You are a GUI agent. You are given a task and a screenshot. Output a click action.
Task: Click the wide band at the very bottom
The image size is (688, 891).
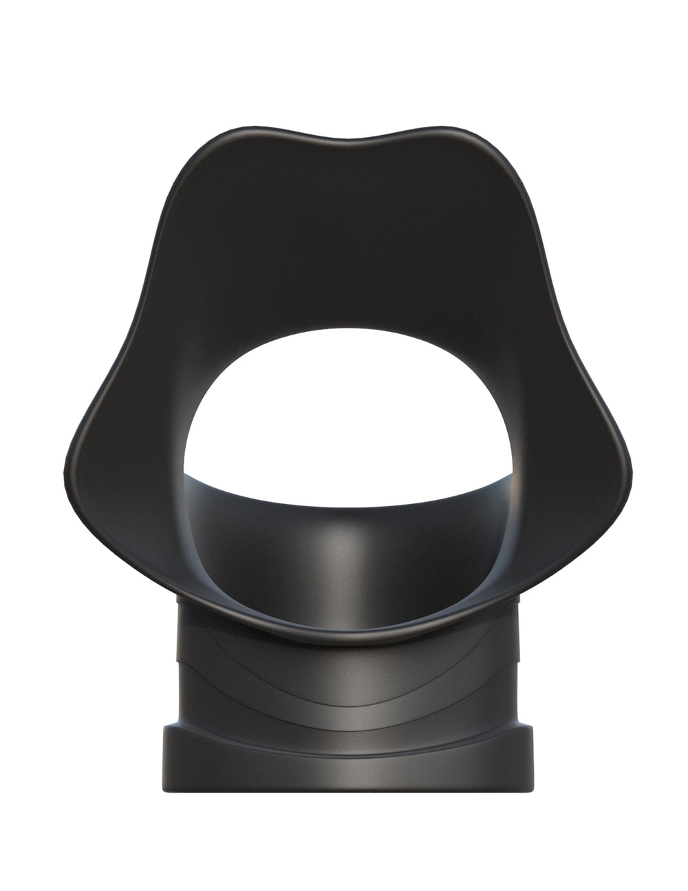tap(344, 747)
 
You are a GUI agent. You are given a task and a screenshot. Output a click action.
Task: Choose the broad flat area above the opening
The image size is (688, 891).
tap(344, 241)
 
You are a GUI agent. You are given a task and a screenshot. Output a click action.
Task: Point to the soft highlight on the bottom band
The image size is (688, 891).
tap(344, 730)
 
